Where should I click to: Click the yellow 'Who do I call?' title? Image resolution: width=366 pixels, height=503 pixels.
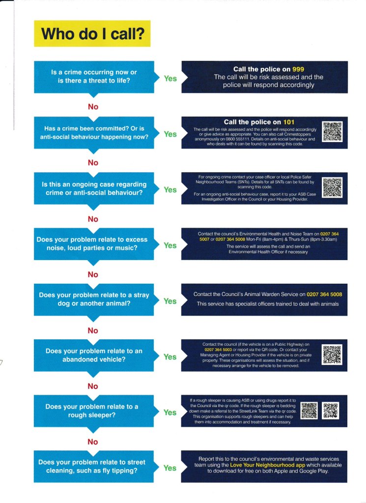click(x=91, y=33)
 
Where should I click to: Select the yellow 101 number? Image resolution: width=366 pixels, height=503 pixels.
click(x=288, y=122)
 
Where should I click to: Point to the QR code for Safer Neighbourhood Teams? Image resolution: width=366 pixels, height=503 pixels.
click(x=332, y=187)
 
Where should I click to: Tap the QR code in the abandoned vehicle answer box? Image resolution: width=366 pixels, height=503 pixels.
click(x=332, y=355)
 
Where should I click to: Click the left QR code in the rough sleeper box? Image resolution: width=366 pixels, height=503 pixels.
click(x=309, y=411)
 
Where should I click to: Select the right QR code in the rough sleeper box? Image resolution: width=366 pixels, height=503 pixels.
click(x=331, y=411)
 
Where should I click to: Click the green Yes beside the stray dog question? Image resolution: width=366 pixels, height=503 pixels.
click(x=170, y=301)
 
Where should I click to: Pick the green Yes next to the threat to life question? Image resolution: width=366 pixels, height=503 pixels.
click(x=170, y=78)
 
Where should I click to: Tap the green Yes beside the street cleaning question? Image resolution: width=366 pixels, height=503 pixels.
click(x=170, y=468)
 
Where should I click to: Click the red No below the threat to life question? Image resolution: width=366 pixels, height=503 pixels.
click(x=93, y=107)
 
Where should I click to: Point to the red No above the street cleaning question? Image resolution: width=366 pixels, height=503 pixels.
click(x=93, y=442)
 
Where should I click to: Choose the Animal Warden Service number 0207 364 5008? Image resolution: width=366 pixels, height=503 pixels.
click(x=324, y=295)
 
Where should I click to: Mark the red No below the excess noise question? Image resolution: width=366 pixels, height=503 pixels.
click(x=93, y=274)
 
